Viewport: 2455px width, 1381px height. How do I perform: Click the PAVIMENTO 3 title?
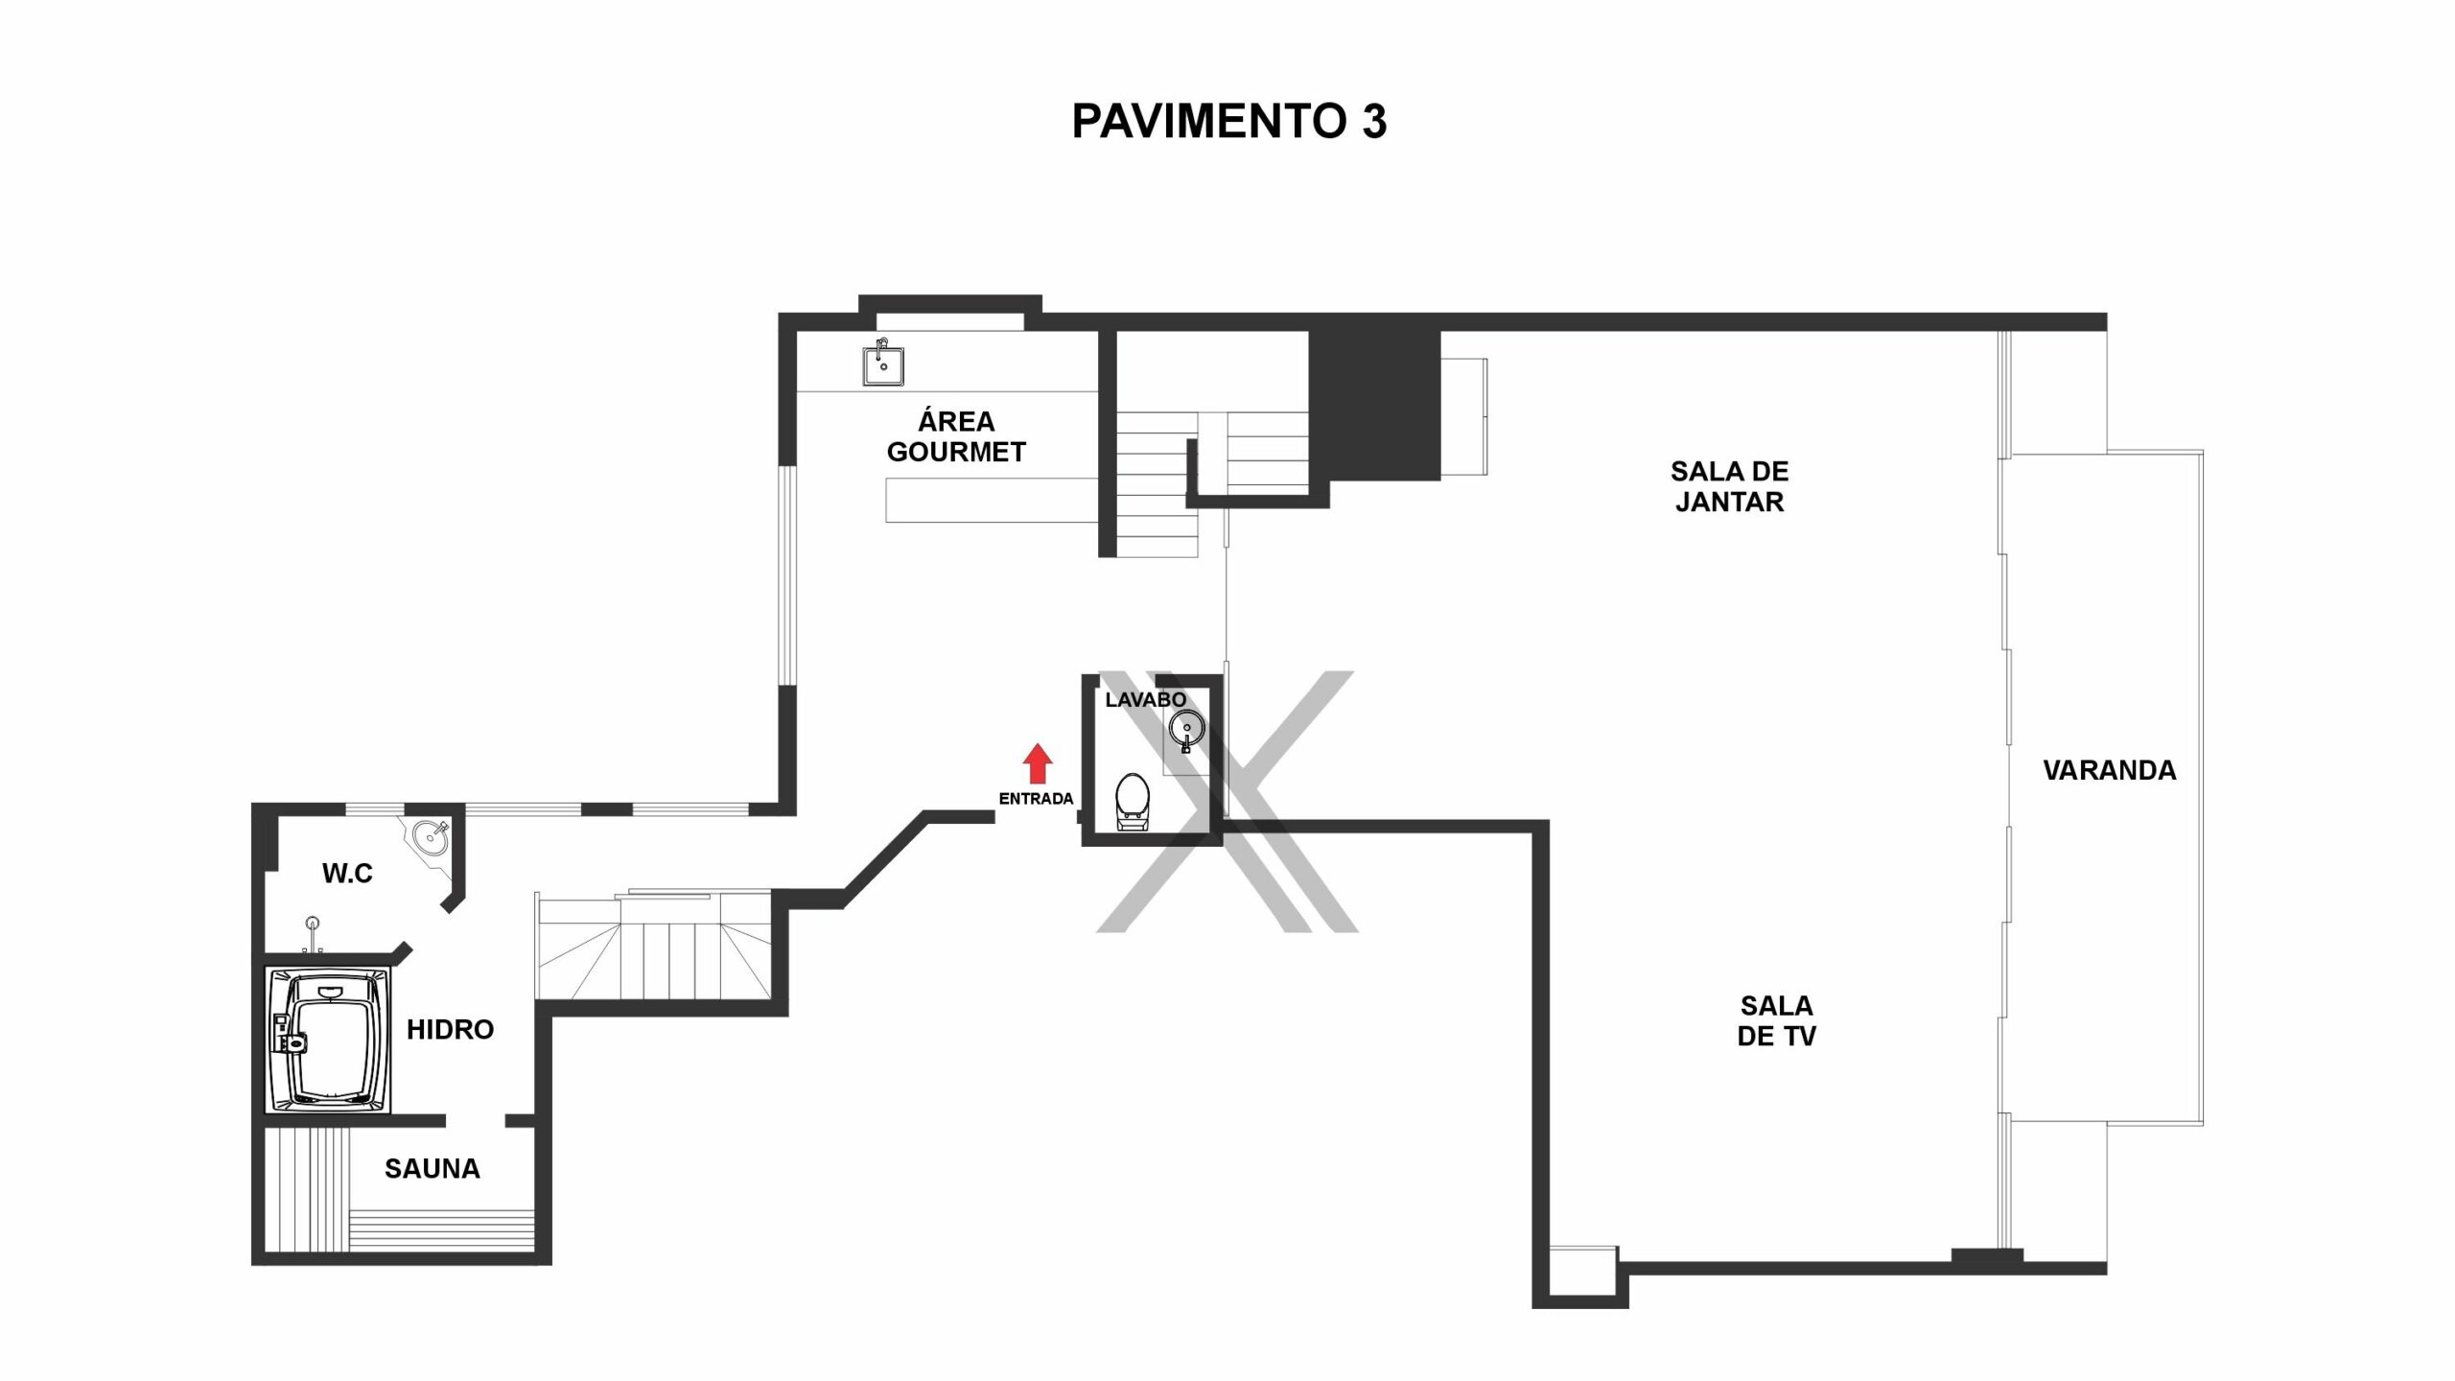tap(1228, 122)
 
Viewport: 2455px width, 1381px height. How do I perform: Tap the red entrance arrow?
tap(1037, 764)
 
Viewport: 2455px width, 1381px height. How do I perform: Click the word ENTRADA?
tap(1036, 799)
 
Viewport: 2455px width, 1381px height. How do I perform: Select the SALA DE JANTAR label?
tap(1729, 486)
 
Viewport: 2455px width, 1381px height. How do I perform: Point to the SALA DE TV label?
tap(1777, 1020)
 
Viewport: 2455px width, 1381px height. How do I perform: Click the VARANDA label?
tap(2110, 770)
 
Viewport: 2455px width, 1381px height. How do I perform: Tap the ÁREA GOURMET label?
tap(956, 436)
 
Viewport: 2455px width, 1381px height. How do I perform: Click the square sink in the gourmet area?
tap(883, 363)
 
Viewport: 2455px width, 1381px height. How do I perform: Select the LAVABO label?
tap(1145, 700)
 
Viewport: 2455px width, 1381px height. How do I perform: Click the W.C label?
tap(347, 873)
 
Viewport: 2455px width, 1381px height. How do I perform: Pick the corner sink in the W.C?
tap(431, 835)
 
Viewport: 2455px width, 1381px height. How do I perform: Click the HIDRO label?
tap(450, 1030)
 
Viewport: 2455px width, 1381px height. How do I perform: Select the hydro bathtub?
tap(328, 1041)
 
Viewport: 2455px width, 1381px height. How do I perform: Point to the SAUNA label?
tap(433, 1168)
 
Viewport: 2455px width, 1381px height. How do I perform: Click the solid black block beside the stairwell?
tap(1375, 405)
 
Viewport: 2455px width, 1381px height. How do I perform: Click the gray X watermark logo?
tap(1227, 802)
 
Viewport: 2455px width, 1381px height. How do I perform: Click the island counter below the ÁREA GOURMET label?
tap(992, 501)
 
